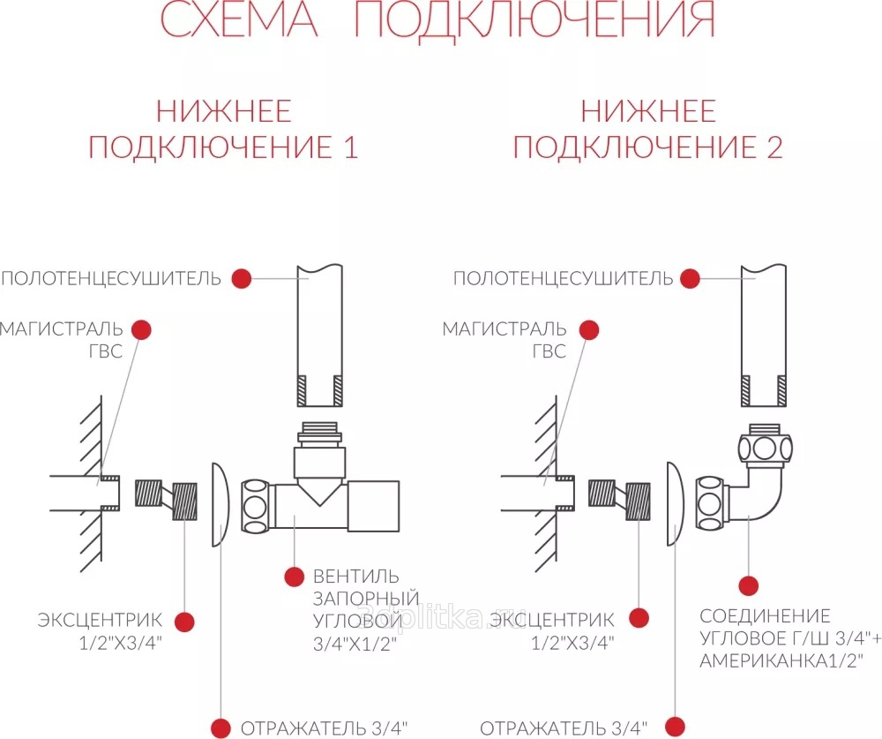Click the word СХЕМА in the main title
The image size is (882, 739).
pyautogui.click(x=238, y=19)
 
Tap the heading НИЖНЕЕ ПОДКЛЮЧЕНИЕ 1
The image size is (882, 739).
pyautogui.click(x=223, y=129)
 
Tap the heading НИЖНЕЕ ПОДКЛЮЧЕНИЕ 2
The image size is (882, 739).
pyautogui.click(x=648, y=129)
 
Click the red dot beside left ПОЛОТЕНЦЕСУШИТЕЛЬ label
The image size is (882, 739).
pyautogui.click(x=242, y=278)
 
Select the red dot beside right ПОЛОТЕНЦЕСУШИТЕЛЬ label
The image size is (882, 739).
pyautogui.click(x=690, y=278)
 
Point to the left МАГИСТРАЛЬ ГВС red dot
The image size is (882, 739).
pyautogui.click(x=142, y=330)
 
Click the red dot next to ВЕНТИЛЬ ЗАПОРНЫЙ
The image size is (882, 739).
pyautogui.click(x=295, y=577)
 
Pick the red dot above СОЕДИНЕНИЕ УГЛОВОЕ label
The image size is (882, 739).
pyautogui.click(x=748, y=585)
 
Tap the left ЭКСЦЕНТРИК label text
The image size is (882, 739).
pyautogui.click(x=100, y=620)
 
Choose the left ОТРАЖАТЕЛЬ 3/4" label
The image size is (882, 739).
pyautogui.click(x=324, y=728)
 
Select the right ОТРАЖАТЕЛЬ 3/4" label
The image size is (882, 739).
pyautogui.click(x=564, y=728)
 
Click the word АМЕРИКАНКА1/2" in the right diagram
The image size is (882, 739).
pyautogui.click(x=781, y=660)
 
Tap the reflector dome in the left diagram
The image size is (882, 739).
pyautogui.click(x=220, y=504)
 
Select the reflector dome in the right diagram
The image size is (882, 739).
pyautogui.click(x=675, y=504)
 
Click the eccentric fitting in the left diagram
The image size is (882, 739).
pyautogui.click(x=167, y=498)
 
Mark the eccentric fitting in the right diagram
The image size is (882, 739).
pyautogui.click(x=619, y=498)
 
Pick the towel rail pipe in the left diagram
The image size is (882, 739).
pyautogui.click(x=320, y=336)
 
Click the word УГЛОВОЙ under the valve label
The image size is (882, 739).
pyautogui.click(x=358, y=620)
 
